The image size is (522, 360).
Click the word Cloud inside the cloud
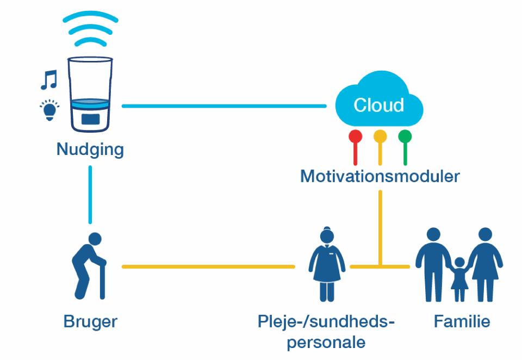tap(379, 104)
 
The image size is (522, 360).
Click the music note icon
tap(49, 80)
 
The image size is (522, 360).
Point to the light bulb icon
tap(49, 109)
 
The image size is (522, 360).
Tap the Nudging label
tap(90, 149)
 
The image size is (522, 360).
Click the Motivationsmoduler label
tap(380, 176)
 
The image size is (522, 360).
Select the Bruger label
tap(90, 321)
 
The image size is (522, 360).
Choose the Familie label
tap(462, 321)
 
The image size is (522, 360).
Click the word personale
tap(326, 343)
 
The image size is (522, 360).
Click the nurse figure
tap(327, 264)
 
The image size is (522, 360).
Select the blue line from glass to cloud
tap(223, 105)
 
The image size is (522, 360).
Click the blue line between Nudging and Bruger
tap(90, 194)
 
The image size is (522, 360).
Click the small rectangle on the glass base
tap(90, 119)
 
